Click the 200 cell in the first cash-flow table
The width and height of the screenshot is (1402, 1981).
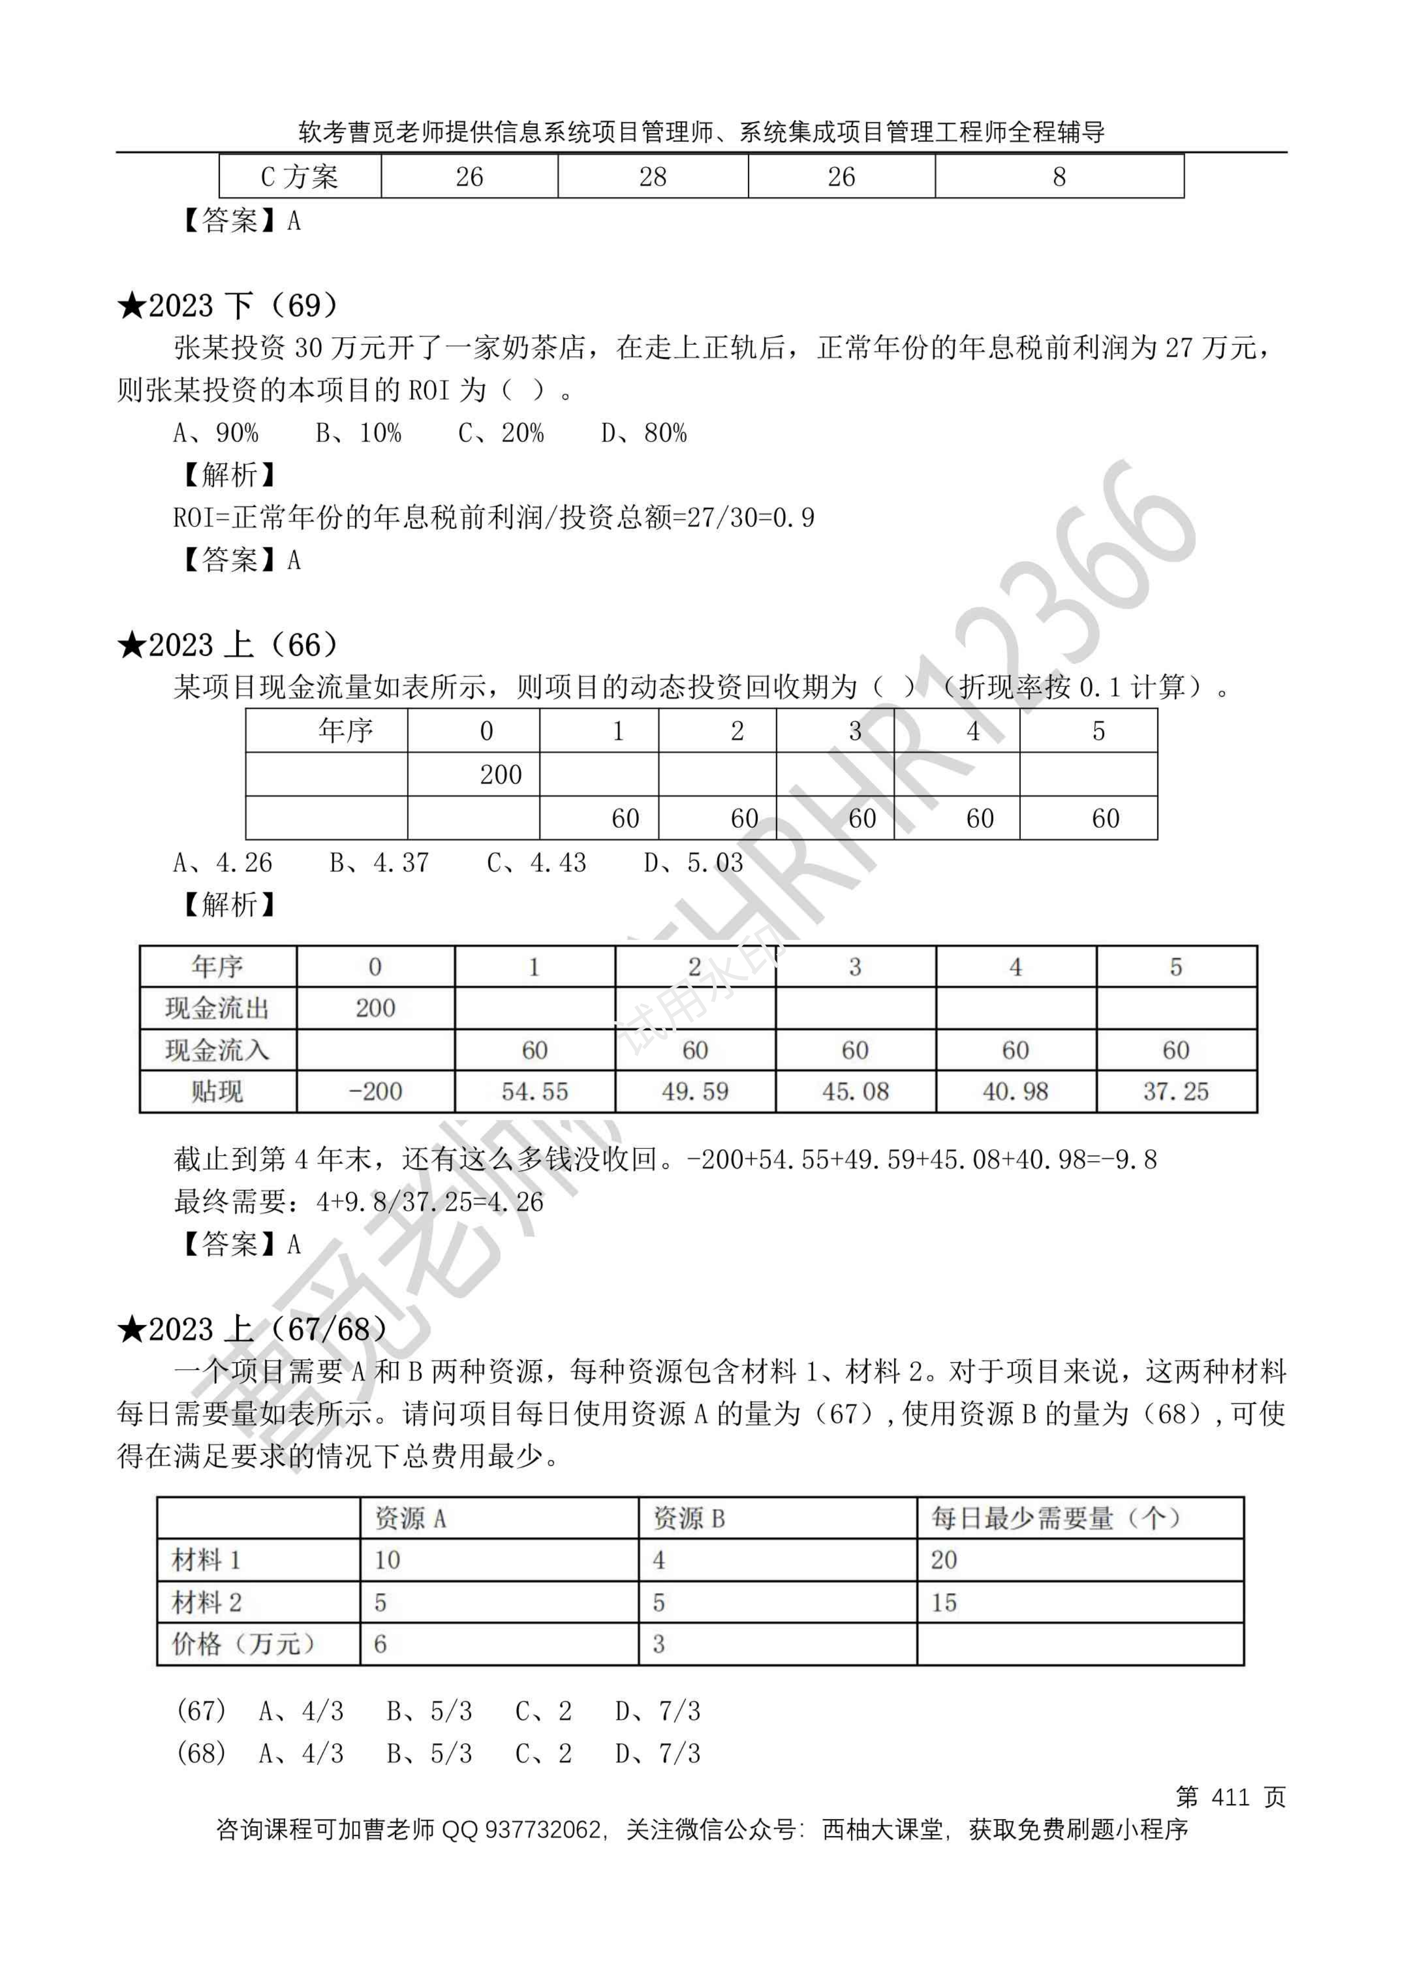coord(501,774)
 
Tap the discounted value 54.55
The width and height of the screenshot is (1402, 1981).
coord(534,1092)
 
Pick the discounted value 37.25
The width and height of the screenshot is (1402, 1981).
coord(1176,1092)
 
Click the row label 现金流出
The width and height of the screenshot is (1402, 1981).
coord(218,1008)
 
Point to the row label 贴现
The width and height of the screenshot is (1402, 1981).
coord(218,1092)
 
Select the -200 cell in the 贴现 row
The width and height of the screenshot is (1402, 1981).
coord(375,1092)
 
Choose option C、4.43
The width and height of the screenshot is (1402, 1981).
coord(536,862)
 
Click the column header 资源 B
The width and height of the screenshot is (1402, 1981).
coord(689,1518)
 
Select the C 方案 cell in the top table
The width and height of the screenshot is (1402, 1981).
coord(299,177)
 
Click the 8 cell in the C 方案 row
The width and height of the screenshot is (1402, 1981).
coord(1059,177)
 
